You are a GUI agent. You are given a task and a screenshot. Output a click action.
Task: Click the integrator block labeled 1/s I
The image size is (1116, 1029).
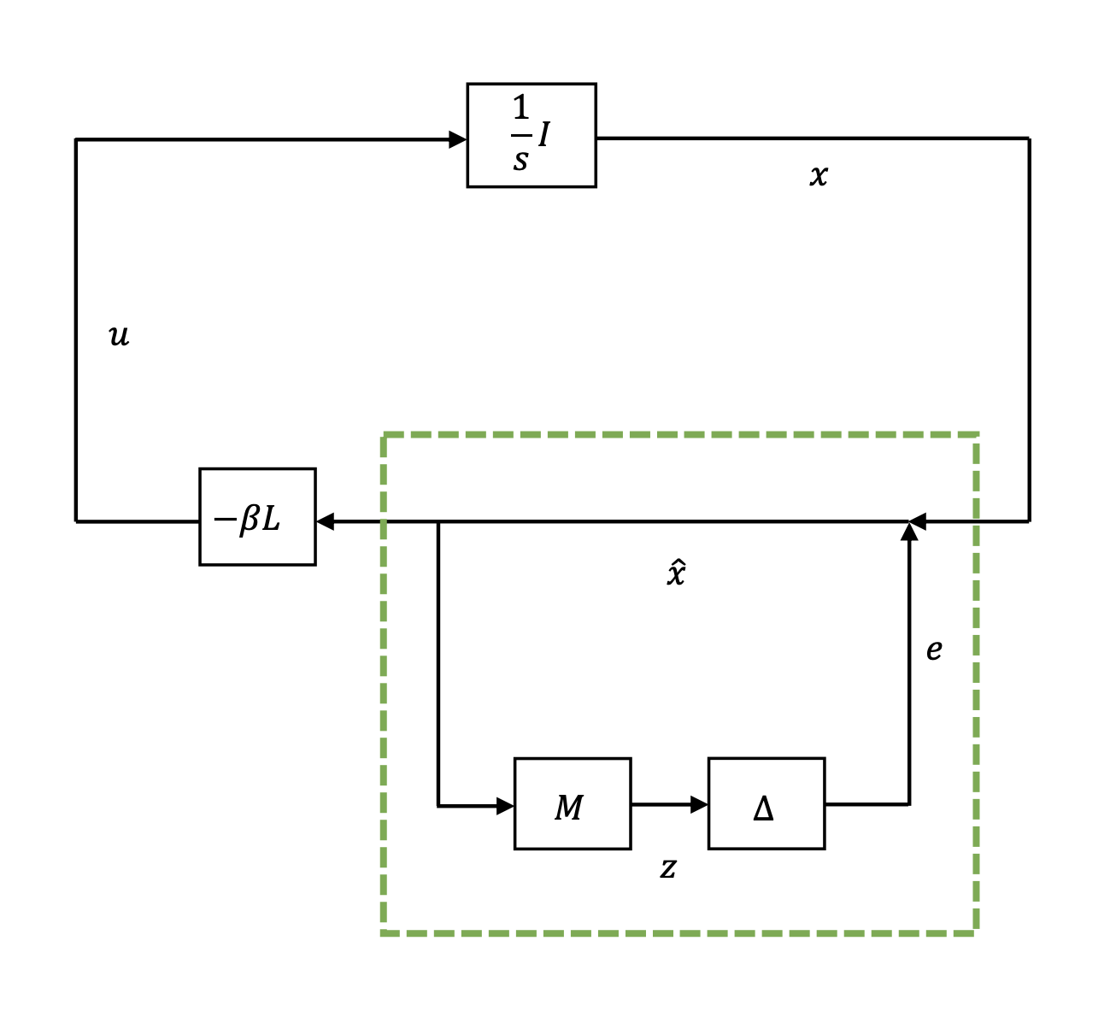coord(531,135)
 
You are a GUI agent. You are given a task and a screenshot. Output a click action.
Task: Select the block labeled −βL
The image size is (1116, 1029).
coord(257,516)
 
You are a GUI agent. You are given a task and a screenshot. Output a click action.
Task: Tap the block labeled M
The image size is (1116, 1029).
coord(572,803)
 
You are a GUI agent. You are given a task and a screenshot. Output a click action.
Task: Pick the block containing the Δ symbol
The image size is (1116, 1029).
coord(766,803)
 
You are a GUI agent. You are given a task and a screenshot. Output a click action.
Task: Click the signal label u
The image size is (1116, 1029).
coord(119,335)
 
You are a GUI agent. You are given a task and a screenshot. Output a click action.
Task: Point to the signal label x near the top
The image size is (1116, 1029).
coord(818,175)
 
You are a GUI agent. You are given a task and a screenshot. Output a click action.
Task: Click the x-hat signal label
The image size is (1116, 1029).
coord(676,573)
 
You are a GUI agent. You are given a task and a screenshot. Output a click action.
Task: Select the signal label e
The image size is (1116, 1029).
coord(934,650)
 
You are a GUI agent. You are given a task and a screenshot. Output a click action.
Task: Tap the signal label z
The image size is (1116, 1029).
coord(668,868)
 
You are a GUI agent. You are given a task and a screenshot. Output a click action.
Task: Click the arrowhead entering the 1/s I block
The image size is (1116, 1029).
coord(458,139)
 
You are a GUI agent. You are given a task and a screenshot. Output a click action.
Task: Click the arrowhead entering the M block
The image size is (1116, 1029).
coord(505,805)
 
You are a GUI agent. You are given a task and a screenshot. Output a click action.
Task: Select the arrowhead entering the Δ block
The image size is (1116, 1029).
coord(699,804)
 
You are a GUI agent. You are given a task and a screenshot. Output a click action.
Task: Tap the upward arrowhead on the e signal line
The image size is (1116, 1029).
coord(909,532)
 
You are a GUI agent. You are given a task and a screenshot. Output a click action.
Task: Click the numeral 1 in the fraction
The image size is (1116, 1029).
coord(520,109)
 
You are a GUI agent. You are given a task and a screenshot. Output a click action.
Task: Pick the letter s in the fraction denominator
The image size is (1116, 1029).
coord(520,159)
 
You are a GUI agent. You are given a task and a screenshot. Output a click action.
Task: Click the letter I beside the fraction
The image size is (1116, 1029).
coord(544,134)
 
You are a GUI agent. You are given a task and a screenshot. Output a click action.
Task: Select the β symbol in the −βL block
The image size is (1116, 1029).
coord(250,518)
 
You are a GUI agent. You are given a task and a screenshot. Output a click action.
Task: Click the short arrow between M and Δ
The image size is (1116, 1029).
coord(669,804)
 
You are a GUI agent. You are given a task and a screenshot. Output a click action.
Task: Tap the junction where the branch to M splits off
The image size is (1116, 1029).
coord(438,521)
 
